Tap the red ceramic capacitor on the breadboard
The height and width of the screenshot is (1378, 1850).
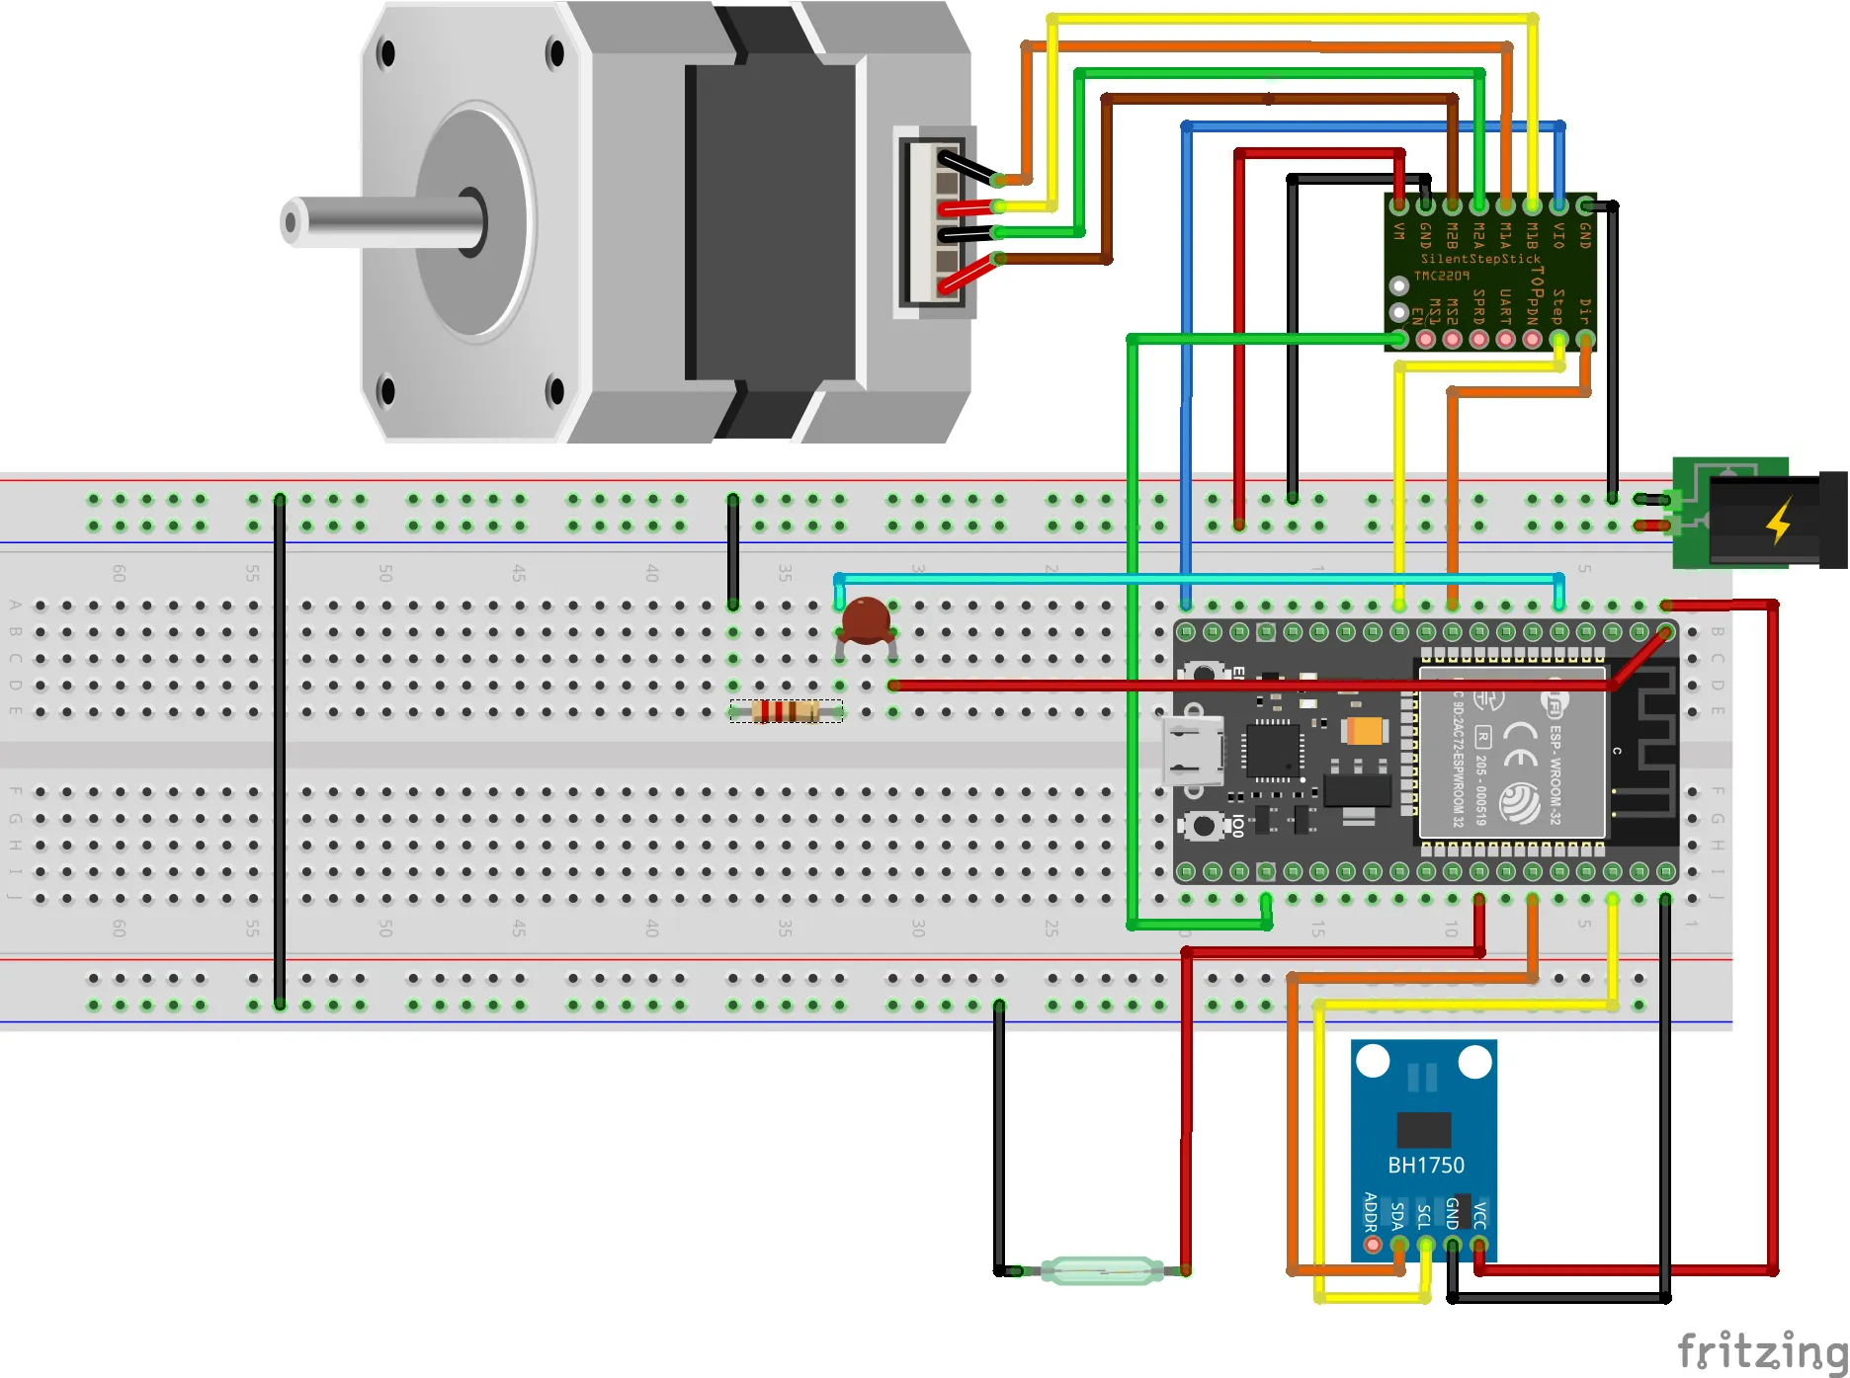click(867, 621)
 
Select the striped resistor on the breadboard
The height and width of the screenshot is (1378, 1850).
click(786, 711)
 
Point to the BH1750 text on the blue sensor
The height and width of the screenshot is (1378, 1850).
click(1425, 1165)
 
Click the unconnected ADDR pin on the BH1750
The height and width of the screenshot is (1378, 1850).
click(1372, 1245)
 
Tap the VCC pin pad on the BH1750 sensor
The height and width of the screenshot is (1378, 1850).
click(1479, 1245)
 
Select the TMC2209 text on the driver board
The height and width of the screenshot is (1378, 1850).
click(1441, 276)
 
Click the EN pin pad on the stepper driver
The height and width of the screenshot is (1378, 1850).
click(1399, 339)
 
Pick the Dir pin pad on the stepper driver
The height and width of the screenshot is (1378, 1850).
click(1585, 339)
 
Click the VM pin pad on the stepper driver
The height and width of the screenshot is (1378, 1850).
click(1399, 206)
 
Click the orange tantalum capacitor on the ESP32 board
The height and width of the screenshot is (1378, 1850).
click(1365, 731)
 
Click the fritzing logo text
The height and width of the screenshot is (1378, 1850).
click(1761, 1349)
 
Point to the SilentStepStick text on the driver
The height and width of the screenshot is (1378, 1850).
click(1480, 259)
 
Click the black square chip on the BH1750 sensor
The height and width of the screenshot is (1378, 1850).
click(1424, 1129)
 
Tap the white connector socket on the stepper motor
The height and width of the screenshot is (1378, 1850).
click(935, 222)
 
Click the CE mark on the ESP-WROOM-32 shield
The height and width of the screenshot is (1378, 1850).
click(1520, 745)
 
